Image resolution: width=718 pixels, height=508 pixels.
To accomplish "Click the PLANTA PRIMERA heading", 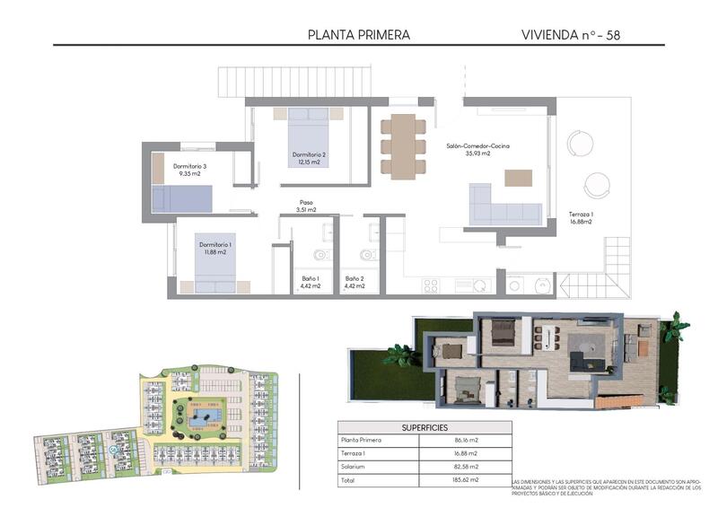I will [x=358, y=35].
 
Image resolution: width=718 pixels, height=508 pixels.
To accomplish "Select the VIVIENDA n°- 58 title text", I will [x=571, y=35].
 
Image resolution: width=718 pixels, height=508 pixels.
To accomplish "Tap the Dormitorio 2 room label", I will [x=309, y=159].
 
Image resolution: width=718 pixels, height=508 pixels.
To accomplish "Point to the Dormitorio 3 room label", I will [x=189, y=170].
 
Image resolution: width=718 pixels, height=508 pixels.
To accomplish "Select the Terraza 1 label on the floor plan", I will [x=581, y=218].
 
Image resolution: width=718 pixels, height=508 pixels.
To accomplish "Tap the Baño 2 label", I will [x=355, y=283].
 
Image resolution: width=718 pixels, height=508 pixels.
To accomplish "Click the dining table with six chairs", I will [x=403, y=145].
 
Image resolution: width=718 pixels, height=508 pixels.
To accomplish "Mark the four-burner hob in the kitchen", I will [x=431, y=285].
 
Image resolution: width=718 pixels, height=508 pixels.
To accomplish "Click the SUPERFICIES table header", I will [x=425, y=428].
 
